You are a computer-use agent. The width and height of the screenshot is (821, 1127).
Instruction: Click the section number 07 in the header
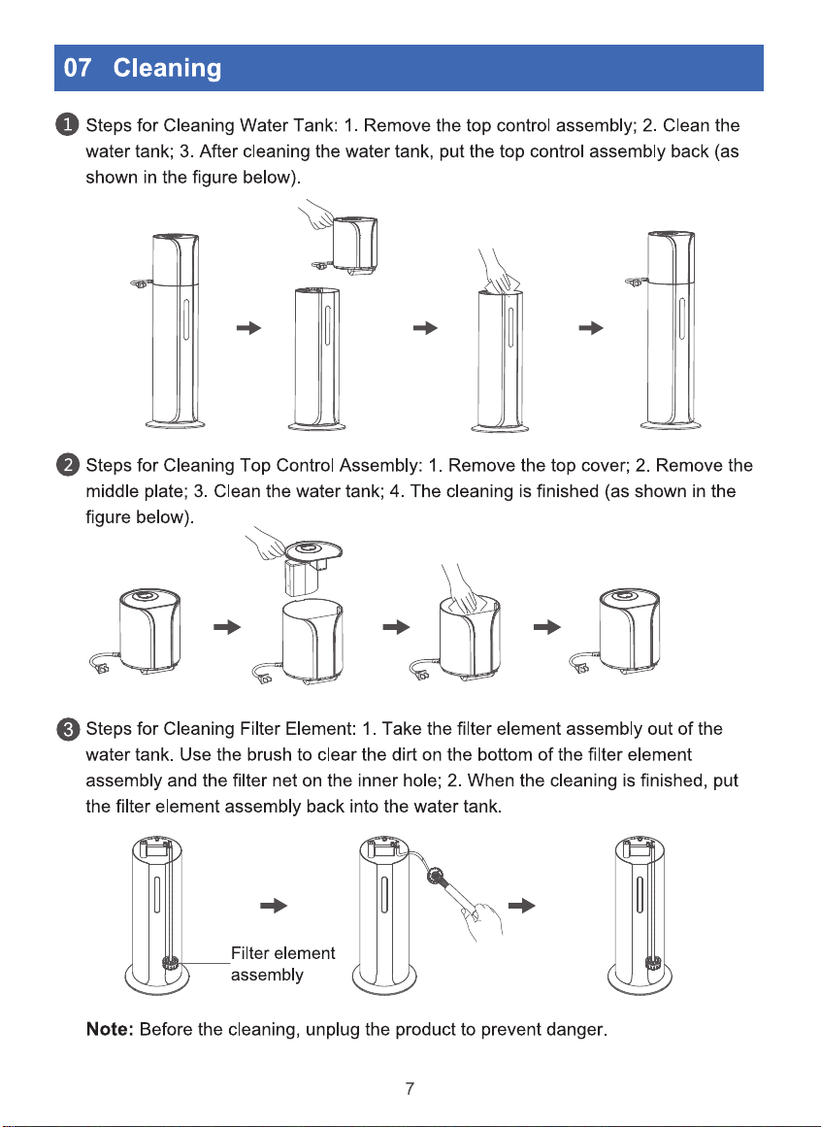[x=77, y=68]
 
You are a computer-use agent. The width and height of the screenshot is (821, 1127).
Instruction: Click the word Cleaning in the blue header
[x=167, y=68]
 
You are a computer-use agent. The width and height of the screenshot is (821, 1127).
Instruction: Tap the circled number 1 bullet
[x=68, y=126]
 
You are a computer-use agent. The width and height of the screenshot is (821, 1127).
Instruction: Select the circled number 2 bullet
[x=68, y=465]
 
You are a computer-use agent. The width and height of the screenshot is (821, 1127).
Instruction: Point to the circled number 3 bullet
[x=68, y=729]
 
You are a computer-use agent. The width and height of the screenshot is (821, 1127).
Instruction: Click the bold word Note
[x=110, y=1029]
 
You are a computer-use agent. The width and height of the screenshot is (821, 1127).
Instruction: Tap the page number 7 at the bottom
[x=410, y=1088]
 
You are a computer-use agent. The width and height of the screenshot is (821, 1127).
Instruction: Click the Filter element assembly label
[x=283, y=964]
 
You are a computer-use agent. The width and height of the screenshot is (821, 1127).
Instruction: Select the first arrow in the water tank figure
[x=249, y=328]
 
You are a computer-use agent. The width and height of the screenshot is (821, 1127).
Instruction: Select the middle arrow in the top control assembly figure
[x=396, y=627]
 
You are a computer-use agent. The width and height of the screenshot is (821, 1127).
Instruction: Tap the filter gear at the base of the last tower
[x=653, y=962]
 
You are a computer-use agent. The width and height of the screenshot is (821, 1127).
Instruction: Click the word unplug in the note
[x=333, y=1031]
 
